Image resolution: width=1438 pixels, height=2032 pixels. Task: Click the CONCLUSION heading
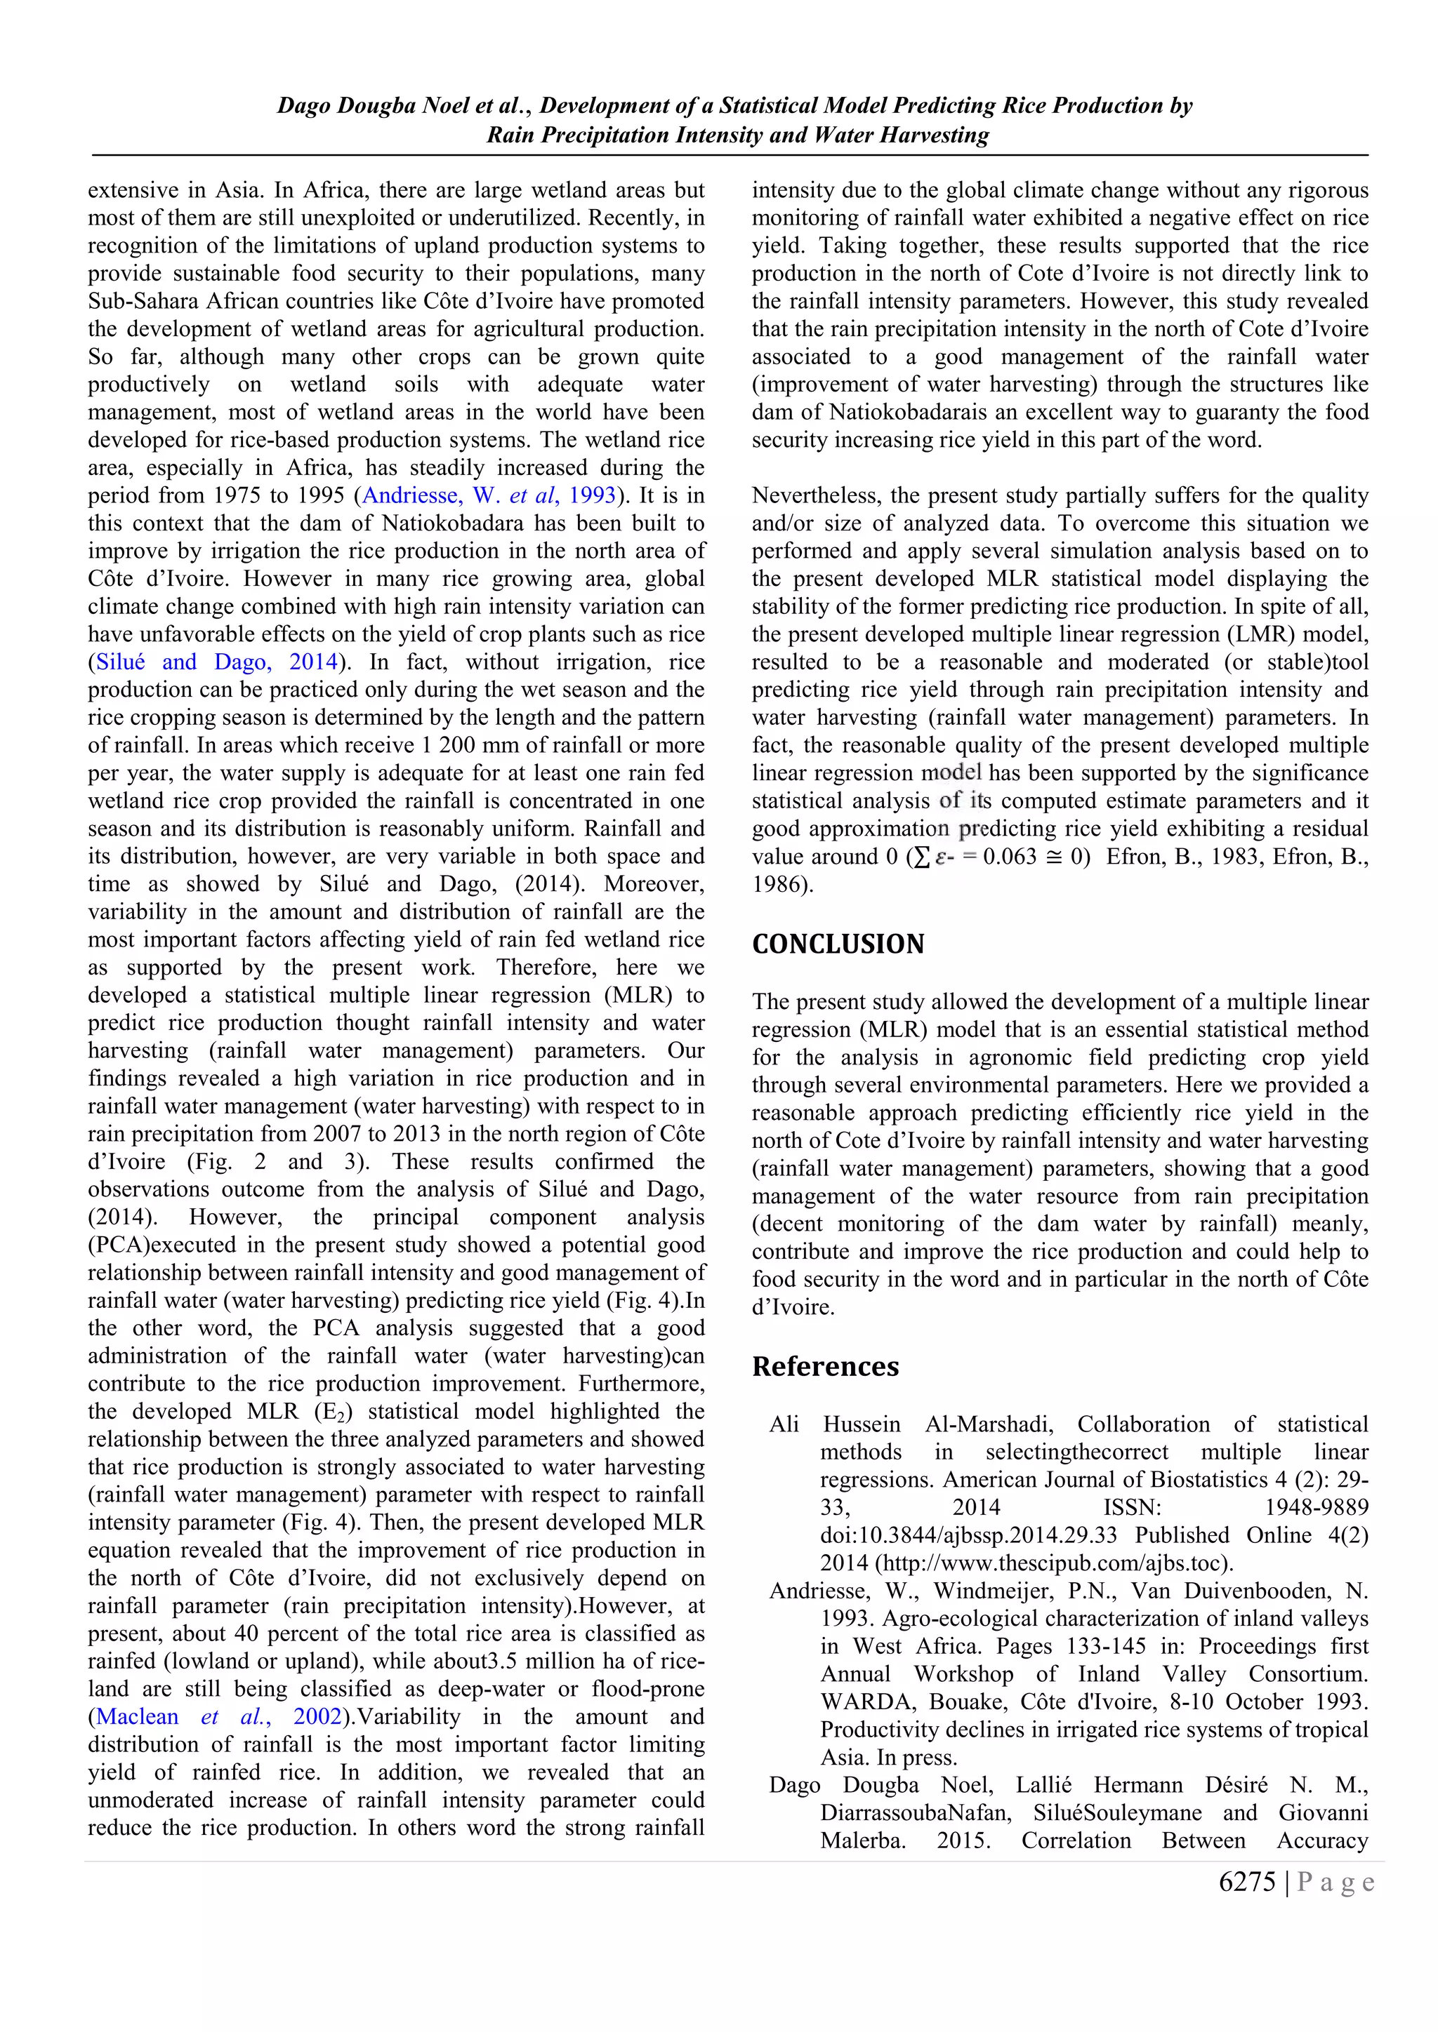point(838,944)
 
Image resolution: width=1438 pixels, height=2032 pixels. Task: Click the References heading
point(825,1366)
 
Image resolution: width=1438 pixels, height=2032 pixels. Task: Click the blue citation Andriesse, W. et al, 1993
point(489,495)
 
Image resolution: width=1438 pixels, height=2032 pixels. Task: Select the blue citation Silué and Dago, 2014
point(217,662)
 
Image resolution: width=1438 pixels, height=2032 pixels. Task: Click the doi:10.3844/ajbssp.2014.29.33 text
point(968,1535)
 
